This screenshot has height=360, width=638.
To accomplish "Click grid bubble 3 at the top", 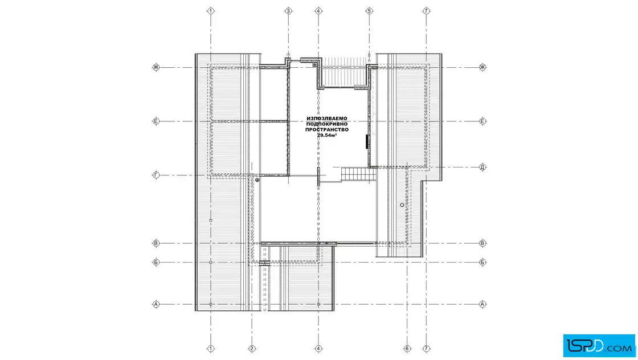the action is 288,11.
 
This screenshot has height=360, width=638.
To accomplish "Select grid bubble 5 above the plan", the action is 369,11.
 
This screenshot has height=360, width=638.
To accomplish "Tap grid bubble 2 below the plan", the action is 252,349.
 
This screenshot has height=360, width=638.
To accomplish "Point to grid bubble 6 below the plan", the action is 407,349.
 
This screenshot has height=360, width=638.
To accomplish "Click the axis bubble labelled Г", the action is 156,175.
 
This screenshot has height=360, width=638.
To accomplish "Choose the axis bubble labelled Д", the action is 482,167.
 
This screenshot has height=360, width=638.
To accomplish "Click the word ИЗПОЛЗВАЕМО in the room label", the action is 327,118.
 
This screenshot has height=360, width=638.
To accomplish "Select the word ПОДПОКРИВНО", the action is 327,124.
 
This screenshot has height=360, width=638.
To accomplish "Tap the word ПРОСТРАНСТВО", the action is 327,130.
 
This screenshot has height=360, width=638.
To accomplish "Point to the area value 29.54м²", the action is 327,135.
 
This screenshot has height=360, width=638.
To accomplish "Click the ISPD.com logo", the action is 599,346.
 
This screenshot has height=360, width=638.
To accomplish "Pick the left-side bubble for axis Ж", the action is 156,68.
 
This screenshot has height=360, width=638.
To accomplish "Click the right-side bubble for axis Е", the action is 482,121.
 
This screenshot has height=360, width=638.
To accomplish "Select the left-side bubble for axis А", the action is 156,304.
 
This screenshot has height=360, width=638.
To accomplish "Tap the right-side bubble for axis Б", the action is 482,263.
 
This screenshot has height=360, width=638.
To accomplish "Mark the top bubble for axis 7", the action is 426,11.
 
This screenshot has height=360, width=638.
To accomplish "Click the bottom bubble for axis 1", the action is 211,349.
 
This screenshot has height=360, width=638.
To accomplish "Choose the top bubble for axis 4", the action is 318,11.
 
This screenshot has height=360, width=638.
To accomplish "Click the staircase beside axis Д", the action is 358,174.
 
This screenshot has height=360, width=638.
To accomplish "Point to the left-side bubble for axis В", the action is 156,243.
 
